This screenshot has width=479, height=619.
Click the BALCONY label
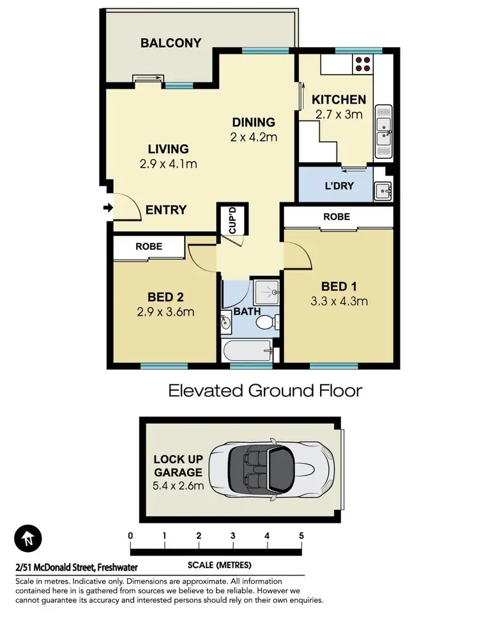point(171,43)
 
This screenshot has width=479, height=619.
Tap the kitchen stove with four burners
point(363,64)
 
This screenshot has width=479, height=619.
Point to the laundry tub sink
point(383,190)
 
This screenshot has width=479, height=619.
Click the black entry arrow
point(108,208)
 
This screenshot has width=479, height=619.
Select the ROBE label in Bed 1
point(337,217)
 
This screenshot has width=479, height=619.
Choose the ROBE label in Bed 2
point(149,246)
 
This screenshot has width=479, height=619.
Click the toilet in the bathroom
point(264,322)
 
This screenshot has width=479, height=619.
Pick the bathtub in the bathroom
point(248,350)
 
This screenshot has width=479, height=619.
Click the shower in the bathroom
point(267,293)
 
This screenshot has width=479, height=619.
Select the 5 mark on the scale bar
point(301,535)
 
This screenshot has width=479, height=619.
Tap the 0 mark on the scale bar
point(130,535)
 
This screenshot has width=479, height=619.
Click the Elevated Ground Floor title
point(265,390)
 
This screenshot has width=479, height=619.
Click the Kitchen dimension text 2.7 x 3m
point(338,115)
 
